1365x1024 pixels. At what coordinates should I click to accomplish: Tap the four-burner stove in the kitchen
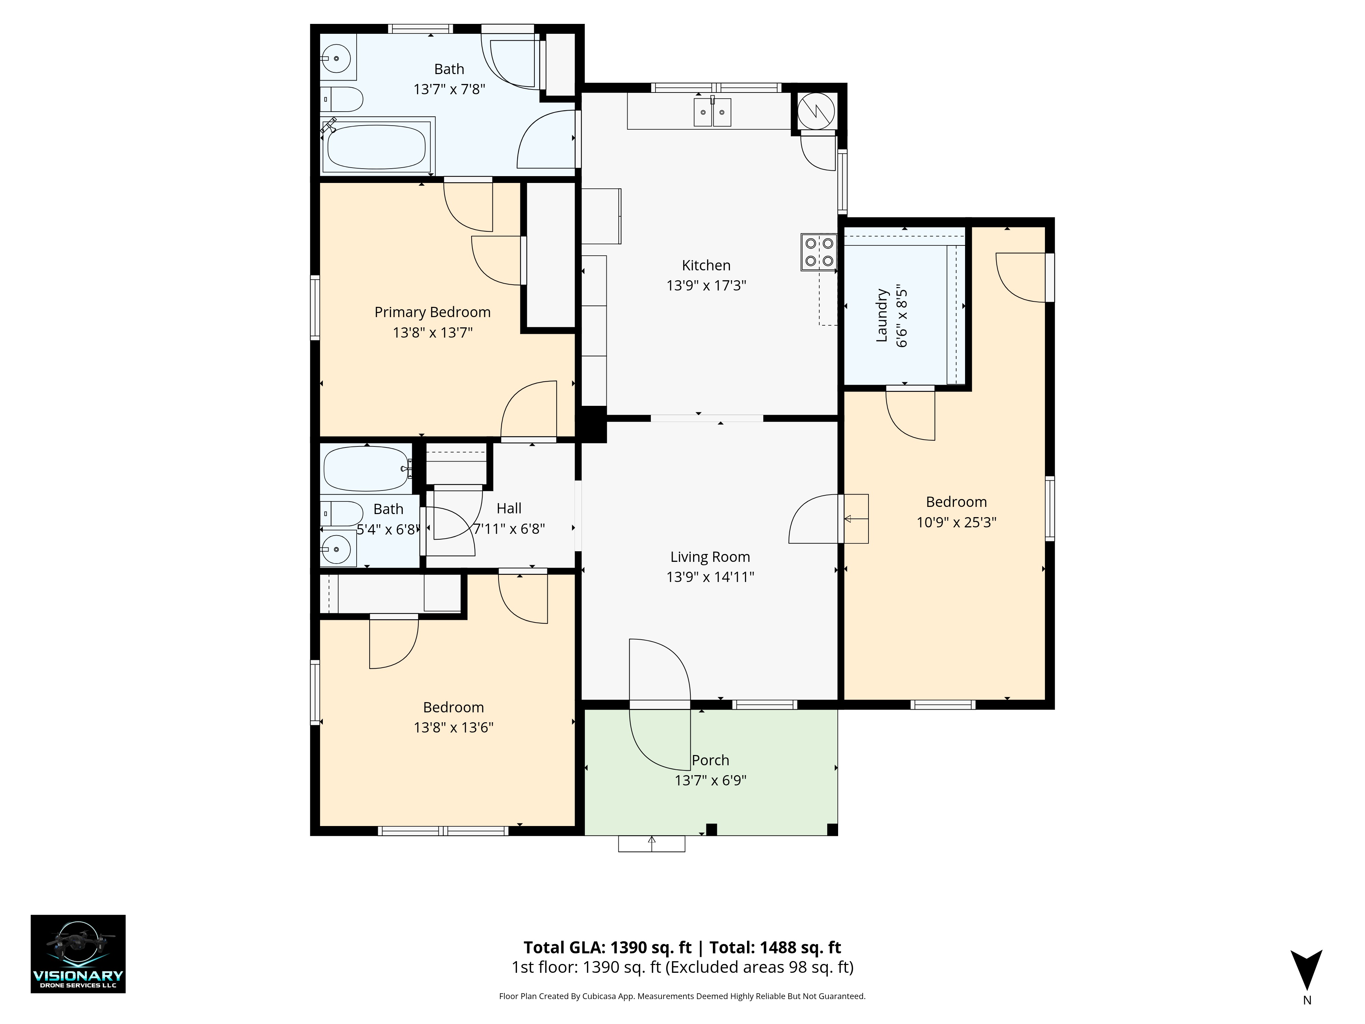(819, 252)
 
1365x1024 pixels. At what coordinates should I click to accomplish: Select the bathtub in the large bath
(376, 147)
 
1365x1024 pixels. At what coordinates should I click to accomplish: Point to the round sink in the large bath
(337, 59)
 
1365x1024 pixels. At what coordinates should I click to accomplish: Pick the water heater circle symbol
(816, 111)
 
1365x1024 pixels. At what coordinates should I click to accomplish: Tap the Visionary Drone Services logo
(78, 954)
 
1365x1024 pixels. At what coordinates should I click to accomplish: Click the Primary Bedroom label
(433, 312)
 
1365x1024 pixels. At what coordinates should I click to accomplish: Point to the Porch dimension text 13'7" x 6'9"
(710, 780)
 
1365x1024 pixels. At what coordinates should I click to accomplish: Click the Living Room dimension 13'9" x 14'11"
(710, 577)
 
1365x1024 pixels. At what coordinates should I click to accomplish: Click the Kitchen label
(706, 266)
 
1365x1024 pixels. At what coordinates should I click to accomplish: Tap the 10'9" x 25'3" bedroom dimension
(957, 522)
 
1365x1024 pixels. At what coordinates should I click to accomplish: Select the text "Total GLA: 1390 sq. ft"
(608, 948)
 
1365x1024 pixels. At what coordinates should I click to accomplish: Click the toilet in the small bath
(341, 514)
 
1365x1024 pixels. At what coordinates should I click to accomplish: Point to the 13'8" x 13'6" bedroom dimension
(454, 727)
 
